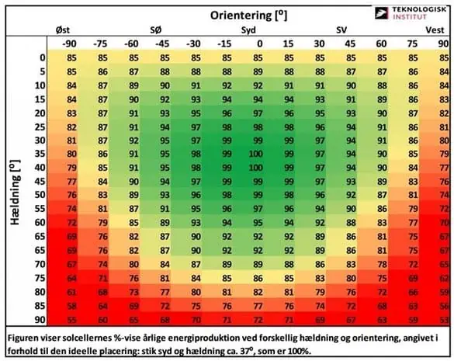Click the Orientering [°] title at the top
[x=248, y=15]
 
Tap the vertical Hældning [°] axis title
[x=16, y=192]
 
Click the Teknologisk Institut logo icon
[x=381, y=13]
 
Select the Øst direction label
[x=63, y=30]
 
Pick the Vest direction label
[x=435, y=30]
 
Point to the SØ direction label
[x=155, y=30]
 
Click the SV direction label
[x=341, y=30]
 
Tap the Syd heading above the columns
[x=248, y=30]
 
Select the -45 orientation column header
[x=162, y=43]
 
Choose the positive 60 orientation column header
[x=381, y=43]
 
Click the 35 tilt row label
[x=40, y=154]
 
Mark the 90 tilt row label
[x=40, y=320]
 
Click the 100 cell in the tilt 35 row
[x=255, y=154]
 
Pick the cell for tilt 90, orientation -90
[x=71, y=320]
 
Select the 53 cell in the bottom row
[x=445, y=320]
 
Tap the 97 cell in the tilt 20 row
[x=258, y=113]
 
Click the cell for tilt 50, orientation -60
[x=133, y=195]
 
